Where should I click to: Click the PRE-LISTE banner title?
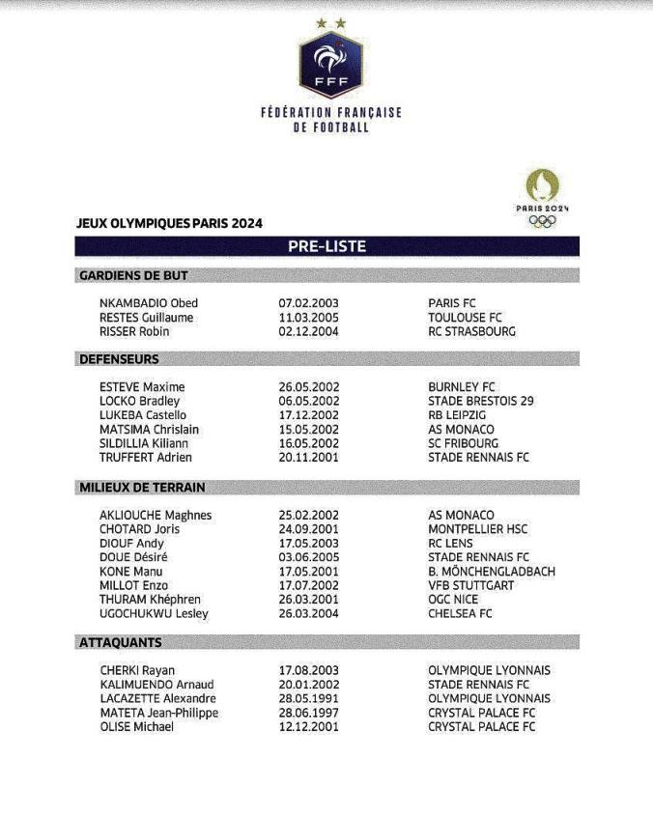(326, 246)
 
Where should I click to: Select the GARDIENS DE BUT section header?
(125, 275)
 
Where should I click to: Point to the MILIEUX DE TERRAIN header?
(141, 488)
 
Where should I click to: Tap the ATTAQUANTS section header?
(121, 642)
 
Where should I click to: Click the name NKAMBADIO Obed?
(148, 303)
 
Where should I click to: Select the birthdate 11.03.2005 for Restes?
(308, 318)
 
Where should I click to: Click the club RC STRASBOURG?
(471, 331)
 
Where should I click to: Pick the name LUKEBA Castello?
(143, 415)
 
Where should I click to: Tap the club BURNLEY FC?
(461, 387)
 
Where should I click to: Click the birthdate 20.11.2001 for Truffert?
(308, 458)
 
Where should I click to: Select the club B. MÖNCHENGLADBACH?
(492, 572)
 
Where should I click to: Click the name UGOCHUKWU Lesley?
(154, 613)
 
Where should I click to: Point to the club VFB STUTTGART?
(472, 585)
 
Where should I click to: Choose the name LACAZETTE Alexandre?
(157, 698)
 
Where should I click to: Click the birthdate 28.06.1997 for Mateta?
(308, 713)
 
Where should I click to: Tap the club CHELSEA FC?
(460, 613)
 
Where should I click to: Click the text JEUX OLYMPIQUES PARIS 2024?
(169, 223)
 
